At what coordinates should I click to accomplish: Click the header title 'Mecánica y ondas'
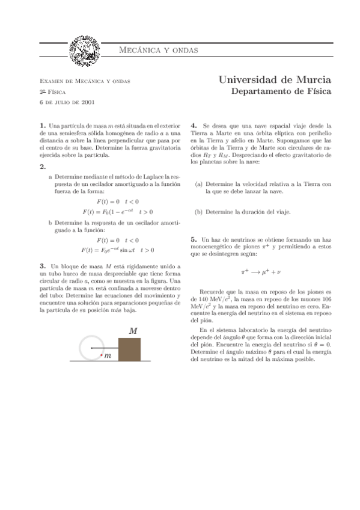point(157,49)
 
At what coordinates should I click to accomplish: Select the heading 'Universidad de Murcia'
point(275,80)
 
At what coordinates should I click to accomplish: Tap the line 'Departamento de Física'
point(281,92)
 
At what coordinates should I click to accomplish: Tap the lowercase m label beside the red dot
point(108,357)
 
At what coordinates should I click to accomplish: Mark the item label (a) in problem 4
point(198,184)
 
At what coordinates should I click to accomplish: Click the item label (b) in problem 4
point(198,212)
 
